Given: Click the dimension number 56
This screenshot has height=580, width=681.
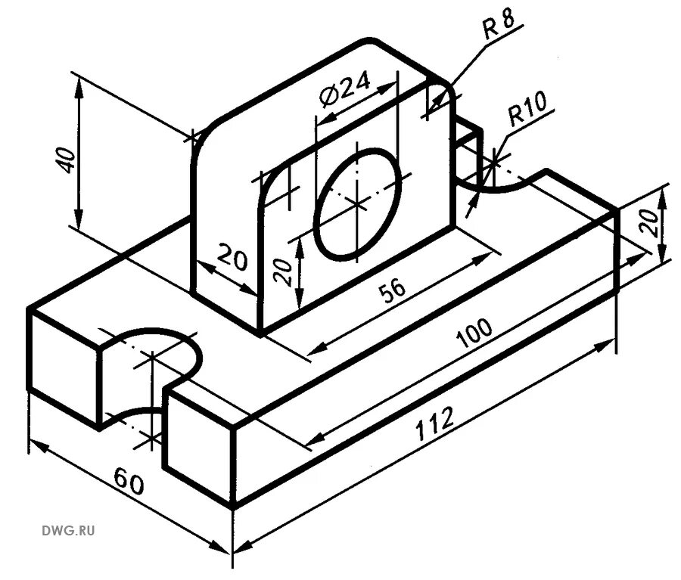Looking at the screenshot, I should click(392, 290).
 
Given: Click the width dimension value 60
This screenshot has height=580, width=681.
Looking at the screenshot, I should click(129, 481).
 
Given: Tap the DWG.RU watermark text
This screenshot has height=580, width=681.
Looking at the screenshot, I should click(70, 531).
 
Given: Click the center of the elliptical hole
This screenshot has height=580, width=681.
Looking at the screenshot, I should click(358, 203).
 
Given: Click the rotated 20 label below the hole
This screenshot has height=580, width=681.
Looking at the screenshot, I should click(282, 269).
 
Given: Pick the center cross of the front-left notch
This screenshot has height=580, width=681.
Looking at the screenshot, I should click(152, 355).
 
